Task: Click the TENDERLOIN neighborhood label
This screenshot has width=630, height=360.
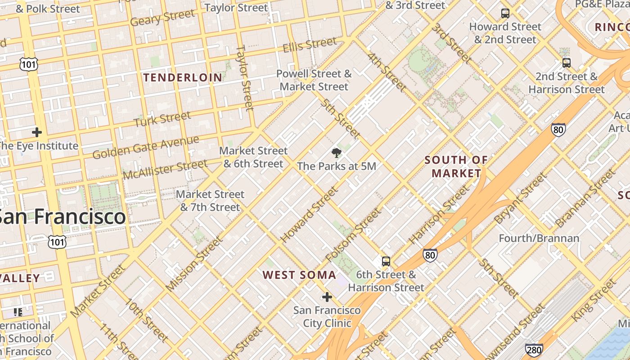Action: coord(183,77)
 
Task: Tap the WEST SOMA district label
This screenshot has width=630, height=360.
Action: coord(299,275)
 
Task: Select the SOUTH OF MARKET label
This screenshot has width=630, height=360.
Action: coord(456,166)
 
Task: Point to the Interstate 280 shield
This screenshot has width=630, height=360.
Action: coord(534,350)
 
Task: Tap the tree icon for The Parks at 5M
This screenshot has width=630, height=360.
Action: coord(336,153)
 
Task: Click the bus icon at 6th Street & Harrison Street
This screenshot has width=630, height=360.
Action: coord(386,261)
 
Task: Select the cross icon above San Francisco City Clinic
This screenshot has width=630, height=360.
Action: coord(327,297)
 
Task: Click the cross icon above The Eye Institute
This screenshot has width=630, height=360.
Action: coord(37,132)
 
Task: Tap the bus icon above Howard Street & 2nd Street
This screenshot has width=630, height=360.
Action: coord(505,13)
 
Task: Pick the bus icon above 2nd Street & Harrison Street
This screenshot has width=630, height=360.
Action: coord(567,63)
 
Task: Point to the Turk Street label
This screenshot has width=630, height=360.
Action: coord(162,119)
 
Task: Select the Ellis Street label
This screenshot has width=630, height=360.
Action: coord(310,45)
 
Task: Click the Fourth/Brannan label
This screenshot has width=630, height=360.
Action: coord(539,238)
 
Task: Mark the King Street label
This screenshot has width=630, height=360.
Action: coord(593,300)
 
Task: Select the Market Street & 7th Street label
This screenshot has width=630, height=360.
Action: coord(210,201)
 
